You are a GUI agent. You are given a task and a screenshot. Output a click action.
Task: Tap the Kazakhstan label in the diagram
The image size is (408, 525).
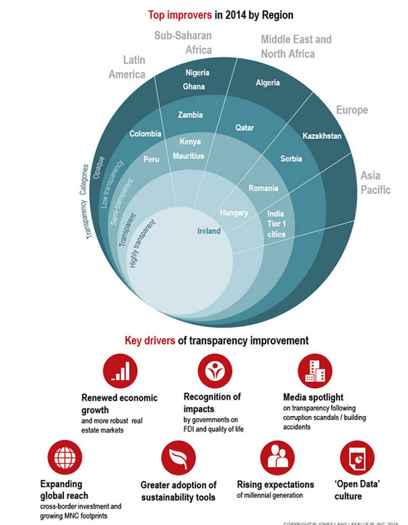[x=322, y=136]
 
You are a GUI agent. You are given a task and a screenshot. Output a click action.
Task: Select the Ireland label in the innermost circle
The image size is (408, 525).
[x=209, y=232]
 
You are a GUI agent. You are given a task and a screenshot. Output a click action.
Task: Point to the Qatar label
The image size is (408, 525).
[x=245, y=127]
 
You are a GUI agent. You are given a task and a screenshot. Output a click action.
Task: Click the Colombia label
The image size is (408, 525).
[x=145, y=133]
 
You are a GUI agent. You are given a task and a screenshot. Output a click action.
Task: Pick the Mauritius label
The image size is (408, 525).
[x=188, y=156]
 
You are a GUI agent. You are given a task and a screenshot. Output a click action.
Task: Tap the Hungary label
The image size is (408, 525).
[x=234, y=212]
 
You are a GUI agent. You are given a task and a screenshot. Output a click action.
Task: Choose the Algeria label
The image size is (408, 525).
[x=268, y=83]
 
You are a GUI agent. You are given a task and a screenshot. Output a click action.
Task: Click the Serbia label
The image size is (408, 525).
[x=291, y=159]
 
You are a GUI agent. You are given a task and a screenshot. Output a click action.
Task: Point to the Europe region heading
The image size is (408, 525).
[x=352, y=110]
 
